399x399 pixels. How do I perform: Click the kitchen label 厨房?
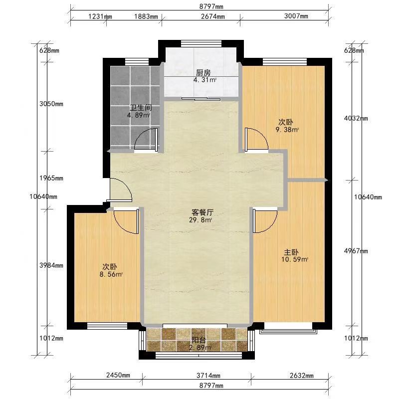point(203,73)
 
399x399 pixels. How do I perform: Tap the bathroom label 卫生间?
point(141,108)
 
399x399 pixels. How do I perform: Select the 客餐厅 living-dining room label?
point(202,212)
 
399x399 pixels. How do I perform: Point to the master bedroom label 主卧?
point(291,252)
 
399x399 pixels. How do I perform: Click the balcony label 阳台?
point(199,340)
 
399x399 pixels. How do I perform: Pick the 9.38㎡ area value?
point(287,130)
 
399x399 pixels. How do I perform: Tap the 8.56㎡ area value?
point(111,274)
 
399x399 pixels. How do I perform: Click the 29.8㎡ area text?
point(200,220)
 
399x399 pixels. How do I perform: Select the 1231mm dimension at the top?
point(100,16)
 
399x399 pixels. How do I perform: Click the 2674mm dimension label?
point(213,16)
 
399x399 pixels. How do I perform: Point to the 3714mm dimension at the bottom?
point(208,376)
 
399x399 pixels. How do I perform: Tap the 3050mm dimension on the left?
point(51,104)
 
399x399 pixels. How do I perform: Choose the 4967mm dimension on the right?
point(356,251)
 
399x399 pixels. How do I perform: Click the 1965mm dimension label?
point(51,178)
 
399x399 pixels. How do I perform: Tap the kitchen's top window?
point(201,43)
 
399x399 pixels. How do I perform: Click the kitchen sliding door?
point(201,99)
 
